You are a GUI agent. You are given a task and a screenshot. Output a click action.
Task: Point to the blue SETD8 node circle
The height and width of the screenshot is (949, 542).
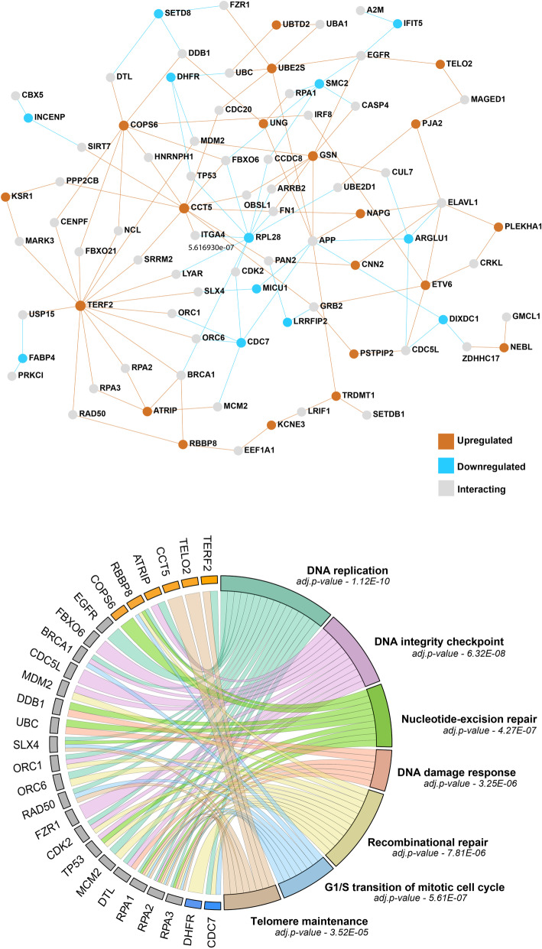tap(158, 13)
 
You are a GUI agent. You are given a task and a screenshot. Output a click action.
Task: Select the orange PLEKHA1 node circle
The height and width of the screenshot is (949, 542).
tap(498, 226)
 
